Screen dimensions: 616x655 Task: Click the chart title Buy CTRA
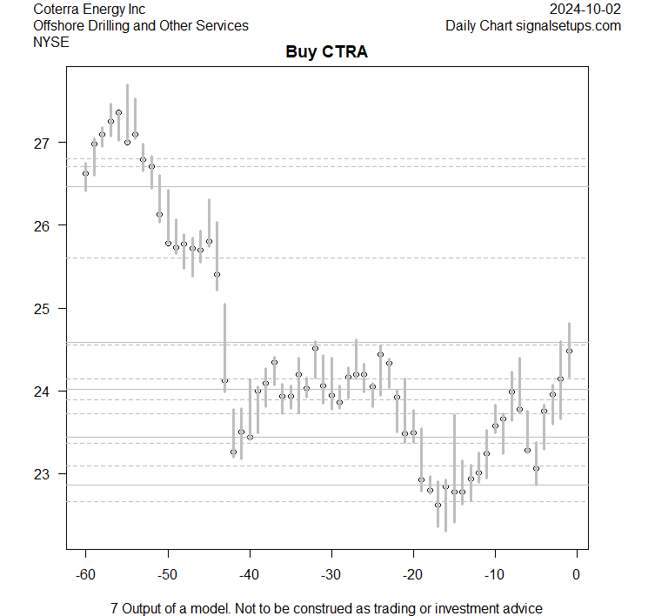327,52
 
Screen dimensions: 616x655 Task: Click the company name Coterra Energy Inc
89,10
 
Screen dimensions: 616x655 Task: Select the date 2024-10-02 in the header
585,10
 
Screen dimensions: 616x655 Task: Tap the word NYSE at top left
50,41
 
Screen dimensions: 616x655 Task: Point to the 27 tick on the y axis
43,143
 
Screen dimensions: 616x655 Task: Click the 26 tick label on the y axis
43,225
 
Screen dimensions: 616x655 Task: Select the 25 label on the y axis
43,309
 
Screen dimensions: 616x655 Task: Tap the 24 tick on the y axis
43,392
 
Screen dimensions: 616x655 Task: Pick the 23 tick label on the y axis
43,474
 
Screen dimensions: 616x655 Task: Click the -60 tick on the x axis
85,574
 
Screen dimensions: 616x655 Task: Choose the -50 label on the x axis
167,574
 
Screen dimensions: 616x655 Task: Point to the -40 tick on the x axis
249,574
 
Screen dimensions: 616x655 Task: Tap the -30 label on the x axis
331,574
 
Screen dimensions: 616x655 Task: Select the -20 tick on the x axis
412,574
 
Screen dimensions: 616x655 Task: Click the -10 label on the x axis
494,574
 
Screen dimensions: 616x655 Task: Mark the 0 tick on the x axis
577,574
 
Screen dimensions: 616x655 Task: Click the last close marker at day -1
569,351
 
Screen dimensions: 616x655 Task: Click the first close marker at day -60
85,173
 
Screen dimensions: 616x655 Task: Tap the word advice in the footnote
522,608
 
